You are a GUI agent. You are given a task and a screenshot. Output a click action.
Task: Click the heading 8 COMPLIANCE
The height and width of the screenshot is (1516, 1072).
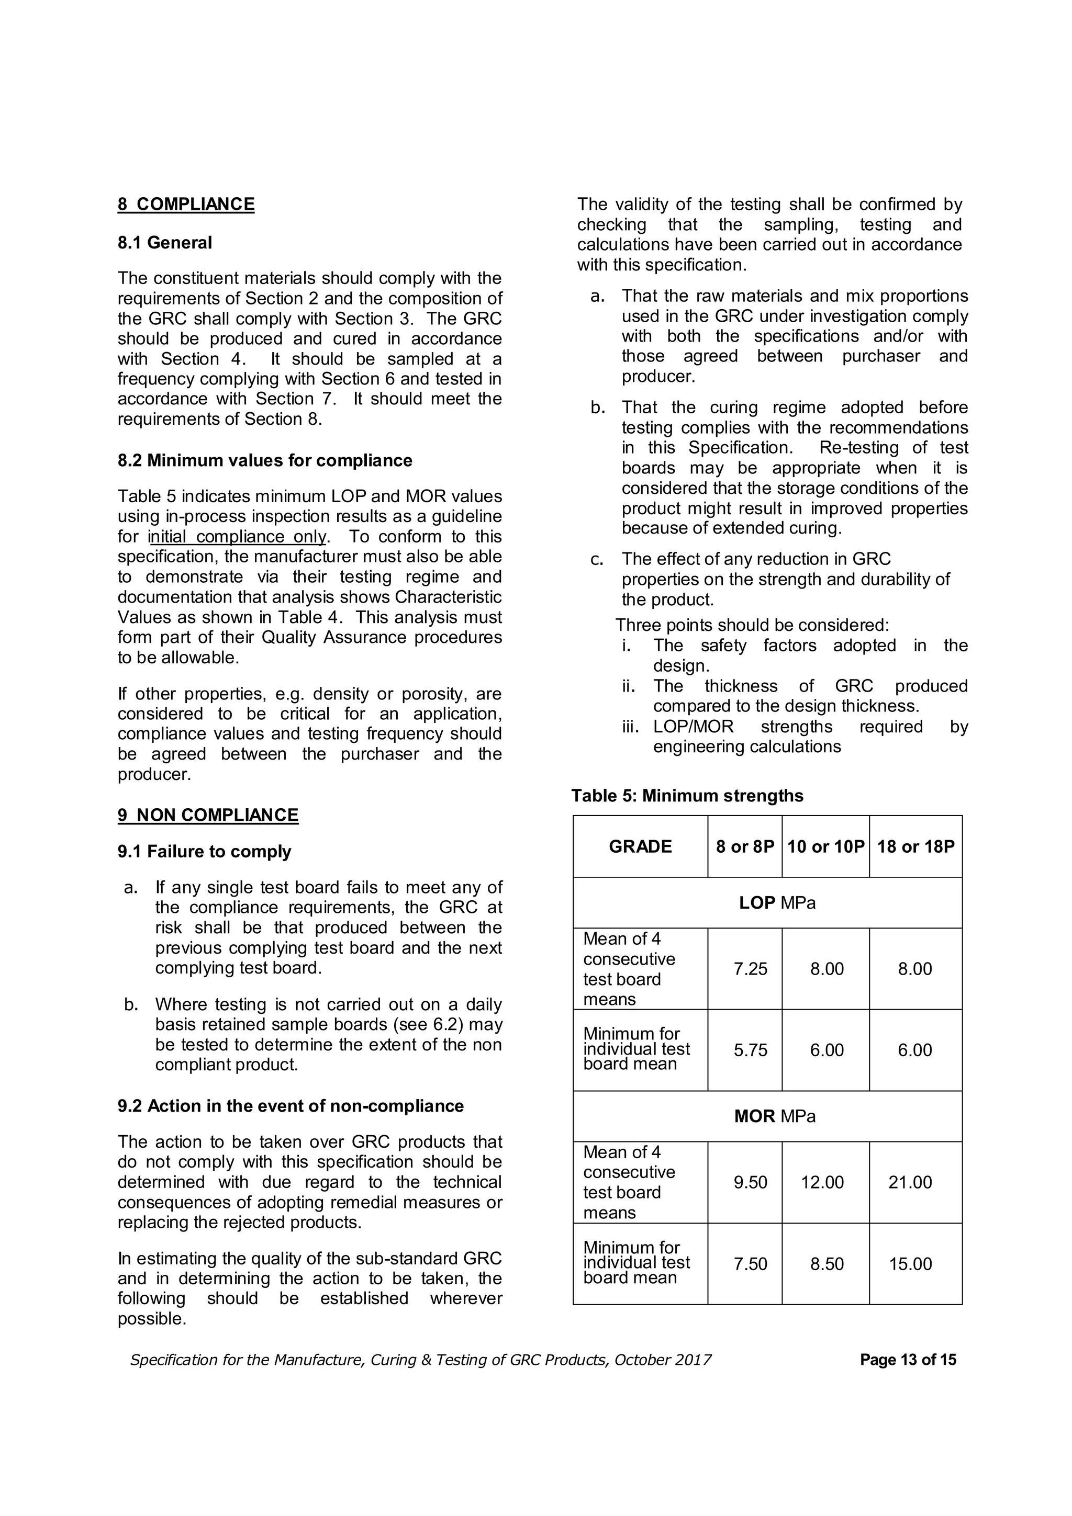186,204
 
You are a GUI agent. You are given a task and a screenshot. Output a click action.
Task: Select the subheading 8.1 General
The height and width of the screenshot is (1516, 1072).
164,242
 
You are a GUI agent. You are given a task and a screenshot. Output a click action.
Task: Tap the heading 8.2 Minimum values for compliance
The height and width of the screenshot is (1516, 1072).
264,460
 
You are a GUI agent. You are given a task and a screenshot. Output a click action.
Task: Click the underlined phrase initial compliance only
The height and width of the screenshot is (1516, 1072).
237,536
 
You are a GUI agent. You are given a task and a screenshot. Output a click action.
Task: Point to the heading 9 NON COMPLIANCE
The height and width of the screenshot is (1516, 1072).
207,815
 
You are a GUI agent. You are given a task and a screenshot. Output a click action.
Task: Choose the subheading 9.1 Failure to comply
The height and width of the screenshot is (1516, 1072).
204,851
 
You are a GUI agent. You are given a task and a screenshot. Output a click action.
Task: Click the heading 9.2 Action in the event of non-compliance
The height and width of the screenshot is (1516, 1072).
291,1106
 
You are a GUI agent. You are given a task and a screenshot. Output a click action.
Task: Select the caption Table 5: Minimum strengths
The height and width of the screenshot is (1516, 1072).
687,795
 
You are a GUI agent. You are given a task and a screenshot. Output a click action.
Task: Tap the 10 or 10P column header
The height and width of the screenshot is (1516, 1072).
825,846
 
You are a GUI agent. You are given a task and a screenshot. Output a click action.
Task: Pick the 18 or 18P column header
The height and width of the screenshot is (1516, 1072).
915,846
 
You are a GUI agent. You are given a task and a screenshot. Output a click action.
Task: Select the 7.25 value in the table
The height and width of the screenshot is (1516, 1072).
750,969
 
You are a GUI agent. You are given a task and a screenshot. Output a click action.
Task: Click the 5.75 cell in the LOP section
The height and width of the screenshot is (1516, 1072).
750,1050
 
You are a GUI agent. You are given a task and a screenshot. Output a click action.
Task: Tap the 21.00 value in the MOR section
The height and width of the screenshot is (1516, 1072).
910,1182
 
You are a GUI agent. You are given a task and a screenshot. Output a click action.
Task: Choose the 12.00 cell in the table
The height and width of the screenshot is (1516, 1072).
822,1182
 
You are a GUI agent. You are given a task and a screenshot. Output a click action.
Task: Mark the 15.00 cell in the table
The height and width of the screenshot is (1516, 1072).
910,1264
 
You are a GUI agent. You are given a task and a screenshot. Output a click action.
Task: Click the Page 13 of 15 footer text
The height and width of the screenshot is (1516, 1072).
908,1360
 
